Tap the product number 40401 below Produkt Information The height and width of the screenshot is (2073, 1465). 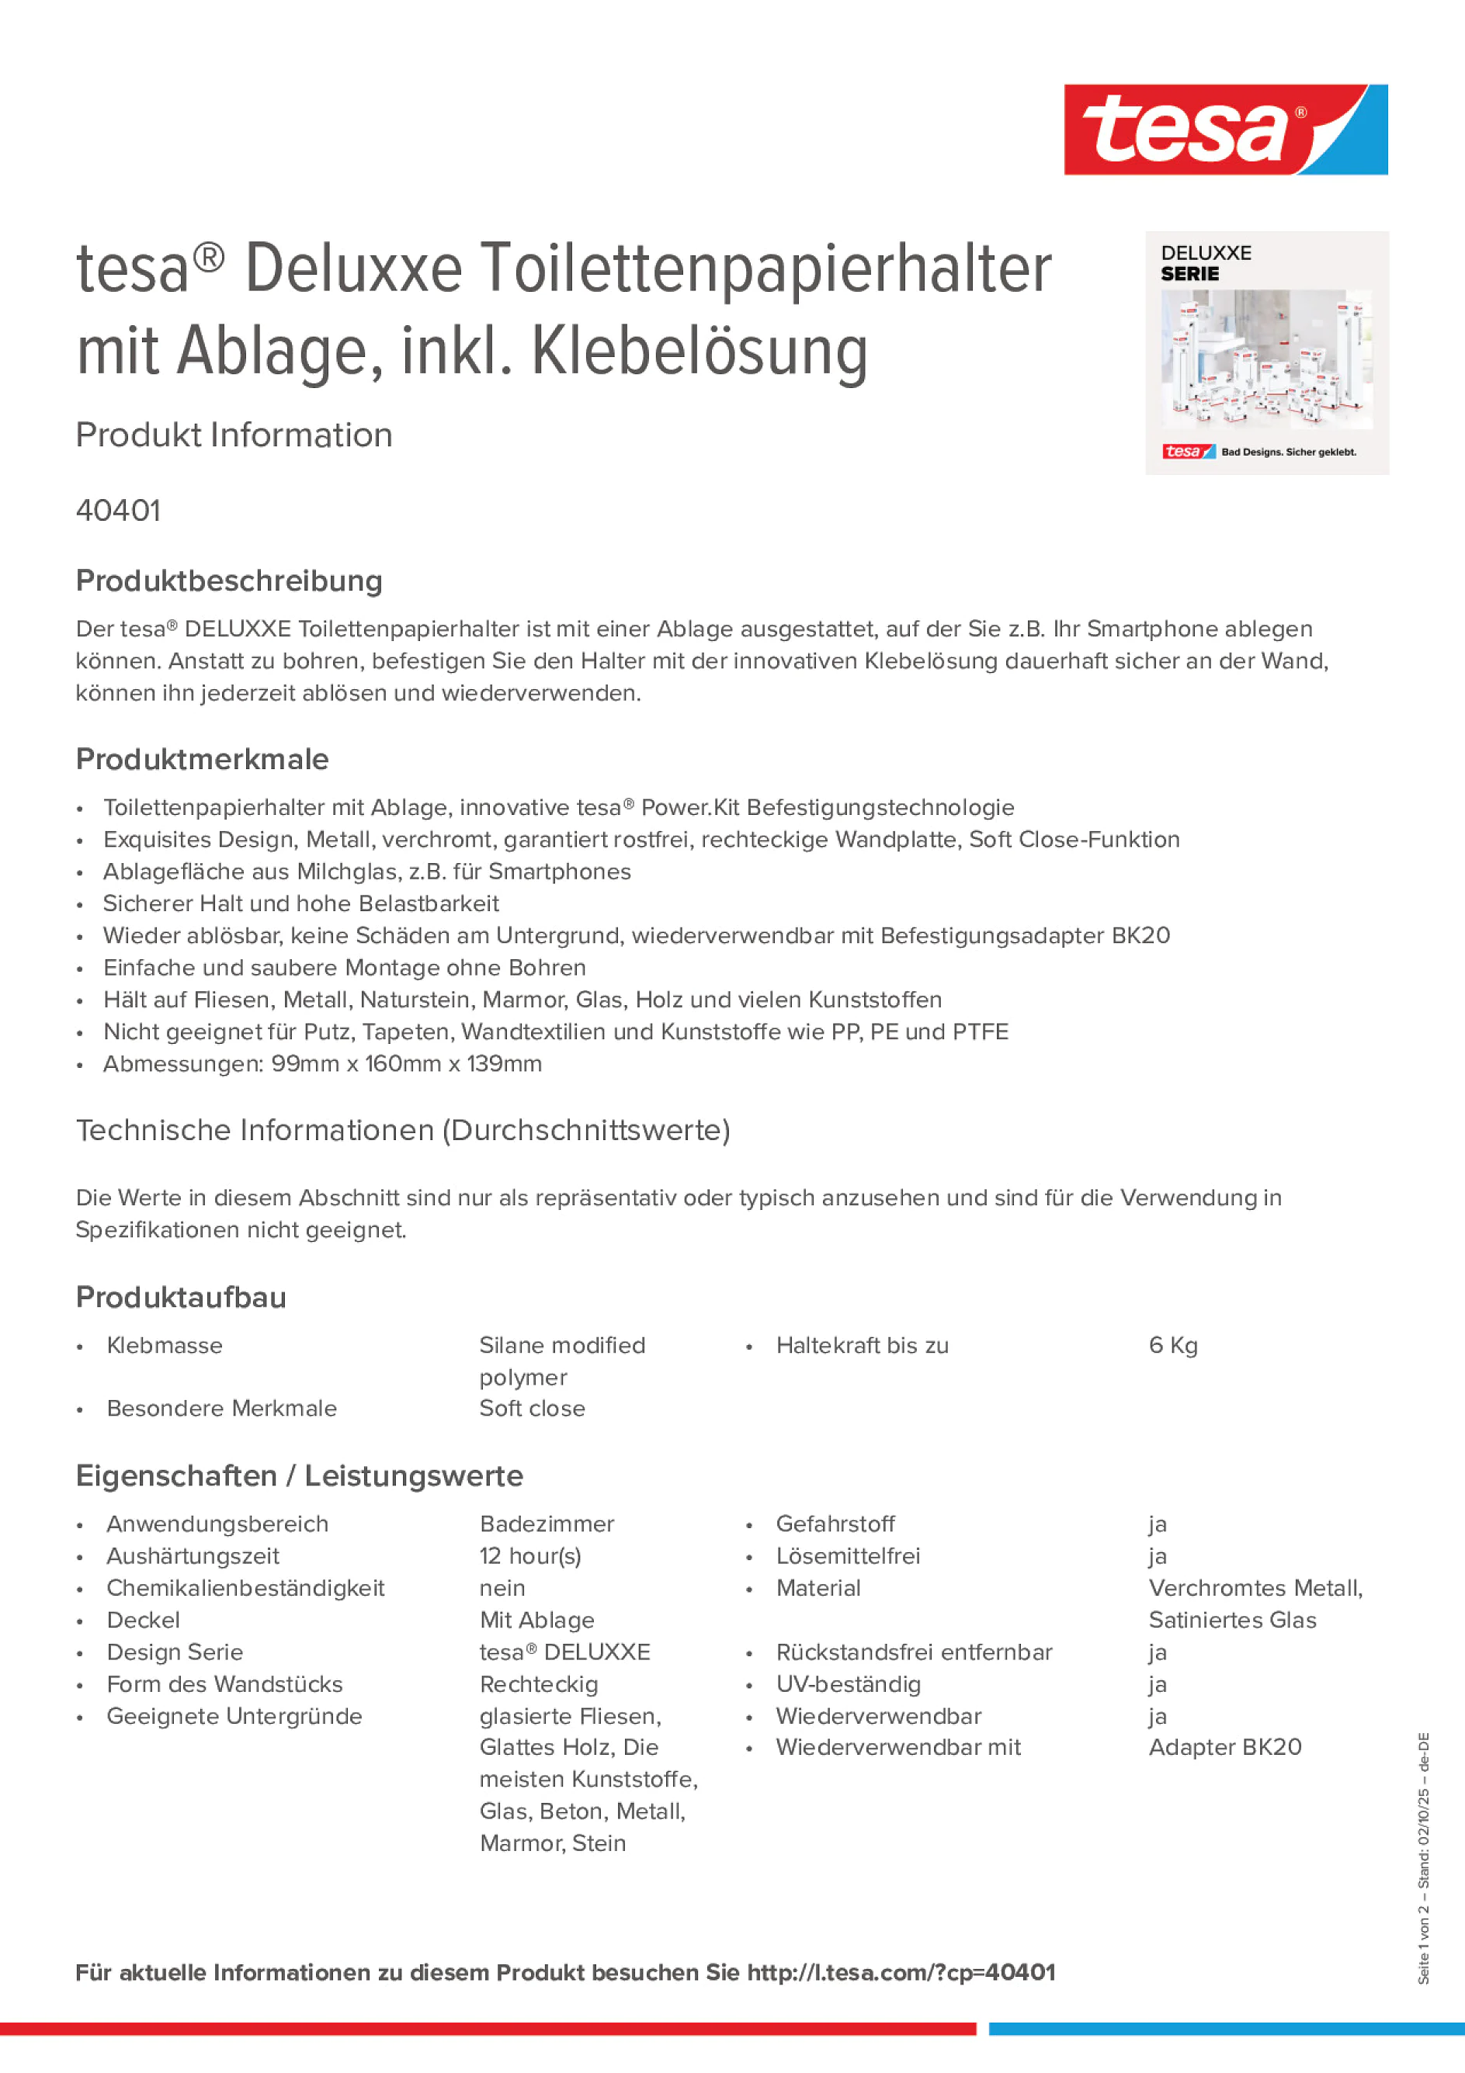[118, 511]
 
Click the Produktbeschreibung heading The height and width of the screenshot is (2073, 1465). [229, 581]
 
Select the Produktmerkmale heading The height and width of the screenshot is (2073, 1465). [203, 759]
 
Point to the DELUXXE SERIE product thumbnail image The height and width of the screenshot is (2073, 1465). [1266, 353]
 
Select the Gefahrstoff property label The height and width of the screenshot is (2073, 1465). [835, 1524]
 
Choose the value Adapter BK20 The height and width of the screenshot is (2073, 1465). [1225, 1747]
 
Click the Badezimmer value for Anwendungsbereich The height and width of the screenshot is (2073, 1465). [547, 1524]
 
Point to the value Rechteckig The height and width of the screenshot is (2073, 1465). [538, 1684]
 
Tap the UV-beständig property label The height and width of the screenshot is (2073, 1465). [848, 1684]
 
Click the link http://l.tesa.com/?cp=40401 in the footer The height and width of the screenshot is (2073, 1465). [901, 1972]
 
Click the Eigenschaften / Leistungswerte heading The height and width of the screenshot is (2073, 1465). [299, 1475]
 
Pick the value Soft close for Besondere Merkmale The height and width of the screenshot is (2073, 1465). [532, 1409]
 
